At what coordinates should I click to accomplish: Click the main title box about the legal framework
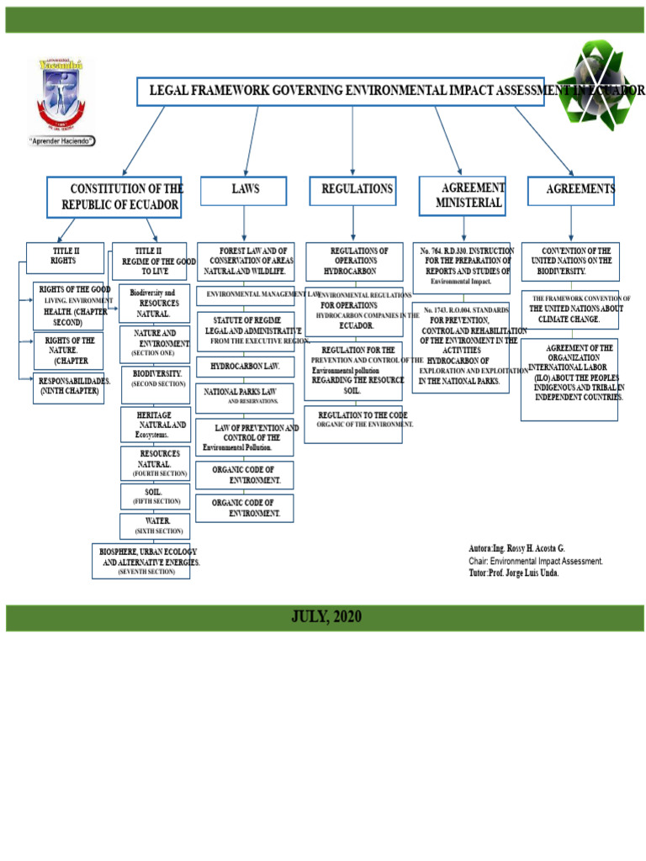click(x=340, y=91)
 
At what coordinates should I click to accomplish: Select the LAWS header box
click(x=244, y=190)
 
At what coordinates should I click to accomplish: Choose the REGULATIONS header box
click(x=357, y=190)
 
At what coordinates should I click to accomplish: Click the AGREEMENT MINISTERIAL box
click(x=463, y=196)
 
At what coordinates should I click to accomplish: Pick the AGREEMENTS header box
click(x=571, y=190)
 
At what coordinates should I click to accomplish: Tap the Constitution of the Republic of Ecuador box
click(x=114, y=197)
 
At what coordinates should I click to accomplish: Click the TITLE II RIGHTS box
click(x=65, y=257)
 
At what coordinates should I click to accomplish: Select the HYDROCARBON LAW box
click(x=245, y=367)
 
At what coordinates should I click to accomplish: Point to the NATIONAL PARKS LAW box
click(x=245, y=396)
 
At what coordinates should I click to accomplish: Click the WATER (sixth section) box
click(x=155, y=526)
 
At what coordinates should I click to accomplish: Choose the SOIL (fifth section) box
click(x=155, y=496)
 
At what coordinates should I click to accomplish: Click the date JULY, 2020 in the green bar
click(x=326, y=617)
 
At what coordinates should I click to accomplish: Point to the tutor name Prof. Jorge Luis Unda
click(x=513, y=573)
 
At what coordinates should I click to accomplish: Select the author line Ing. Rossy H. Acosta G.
click(x=516, y=548)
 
